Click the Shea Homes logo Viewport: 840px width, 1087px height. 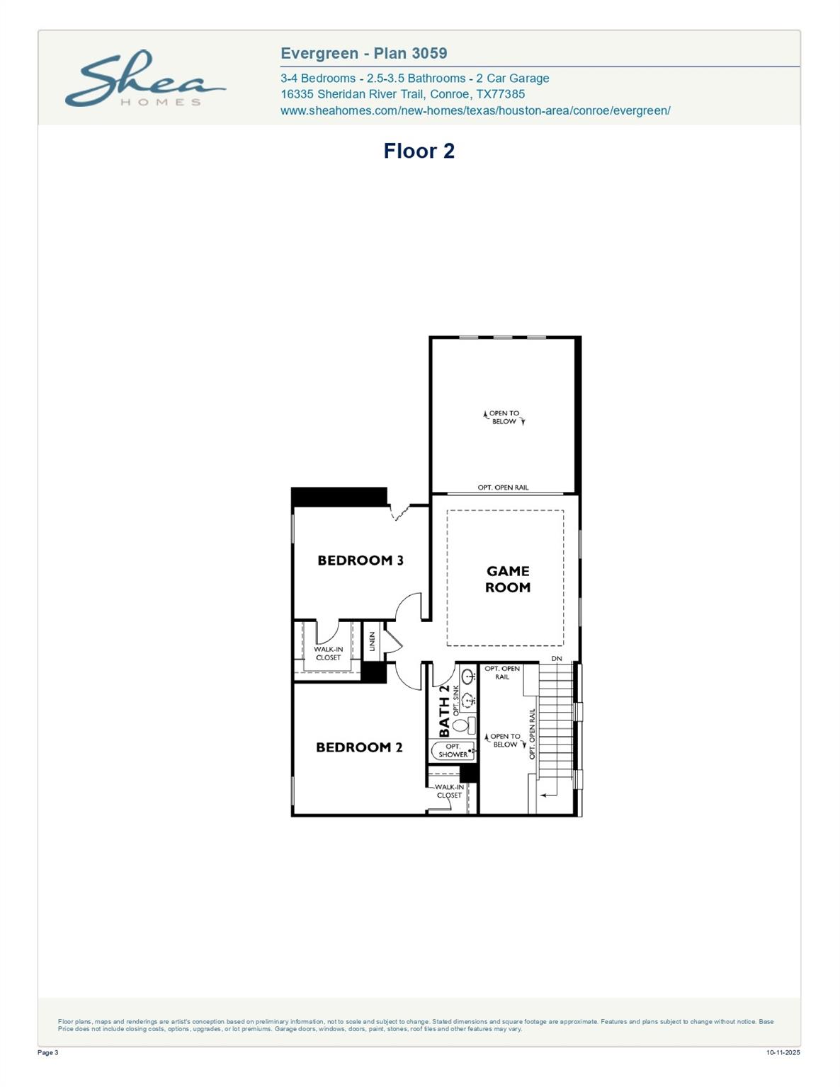(x=145, y=79)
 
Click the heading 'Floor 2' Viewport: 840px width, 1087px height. (x=419, y=151)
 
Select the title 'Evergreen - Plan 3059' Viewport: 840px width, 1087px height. (x=363, y=53)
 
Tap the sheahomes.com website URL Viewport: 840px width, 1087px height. (x=475, y=110)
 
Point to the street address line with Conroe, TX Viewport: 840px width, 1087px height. (x=402, y=94)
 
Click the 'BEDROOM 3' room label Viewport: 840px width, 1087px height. (x=360, y=560)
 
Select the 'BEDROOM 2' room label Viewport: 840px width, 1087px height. (x=358, y=747)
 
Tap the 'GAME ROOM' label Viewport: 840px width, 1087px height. (x=507, y=579)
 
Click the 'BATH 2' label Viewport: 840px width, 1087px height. (x=444, y=711)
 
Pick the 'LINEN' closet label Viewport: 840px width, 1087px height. (x=372, y=641)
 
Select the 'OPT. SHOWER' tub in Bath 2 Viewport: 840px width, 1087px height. (x=453, y=751)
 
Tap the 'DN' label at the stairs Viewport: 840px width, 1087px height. (x=557, y=659)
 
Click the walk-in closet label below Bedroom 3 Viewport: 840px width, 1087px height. (x=328, y=653)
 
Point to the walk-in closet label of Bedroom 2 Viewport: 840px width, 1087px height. (x=449, y=791)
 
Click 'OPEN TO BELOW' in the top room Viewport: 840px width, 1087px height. (x=504, y=418)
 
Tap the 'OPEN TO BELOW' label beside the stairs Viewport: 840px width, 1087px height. (x=505, y=740)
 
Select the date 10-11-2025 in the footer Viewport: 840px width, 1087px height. (x=783, y=1052)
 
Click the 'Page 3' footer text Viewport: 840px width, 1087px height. (x=47, y=1052)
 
